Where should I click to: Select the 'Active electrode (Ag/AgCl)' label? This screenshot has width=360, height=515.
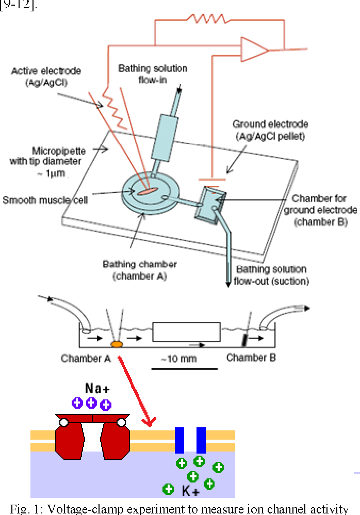pos(46,76)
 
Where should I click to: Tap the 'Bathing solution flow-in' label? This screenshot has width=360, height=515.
pos(153,74)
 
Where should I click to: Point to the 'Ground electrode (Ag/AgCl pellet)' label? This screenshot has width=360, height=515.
pos(270,130)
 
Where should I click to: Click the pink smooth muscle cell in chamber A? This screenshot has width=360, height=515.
pos(147,191)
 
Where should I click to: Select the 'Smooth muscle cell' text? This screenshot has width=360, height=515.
pos(45,200)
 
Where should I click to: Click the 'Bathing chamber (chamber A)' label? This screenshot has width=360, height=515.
pos(140,270)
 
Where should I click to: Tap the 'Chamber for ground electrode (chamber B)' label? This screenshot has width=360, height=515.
pos(320,210)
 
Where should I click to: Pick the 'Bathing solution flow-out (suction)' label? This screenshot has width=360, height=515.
pos(271,275)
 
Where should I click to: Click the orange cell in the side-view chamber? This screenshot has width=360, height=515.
pos(117,344)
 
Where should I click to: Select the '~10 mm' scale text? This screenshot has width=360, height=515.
pos(179,358)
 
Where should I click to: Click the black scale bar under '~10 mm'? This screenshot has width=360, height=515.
pos(185,369)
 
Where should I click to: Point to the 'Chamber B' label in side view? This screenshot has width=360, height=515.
pos(251,357)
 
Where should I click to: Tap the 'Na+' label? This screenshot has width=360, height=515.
pos(97,389)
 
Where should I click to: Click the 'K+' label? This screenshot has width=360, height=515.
pos(191,491)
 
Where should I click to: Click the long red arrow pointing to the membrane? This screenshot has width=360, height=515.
pos(136,391)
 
